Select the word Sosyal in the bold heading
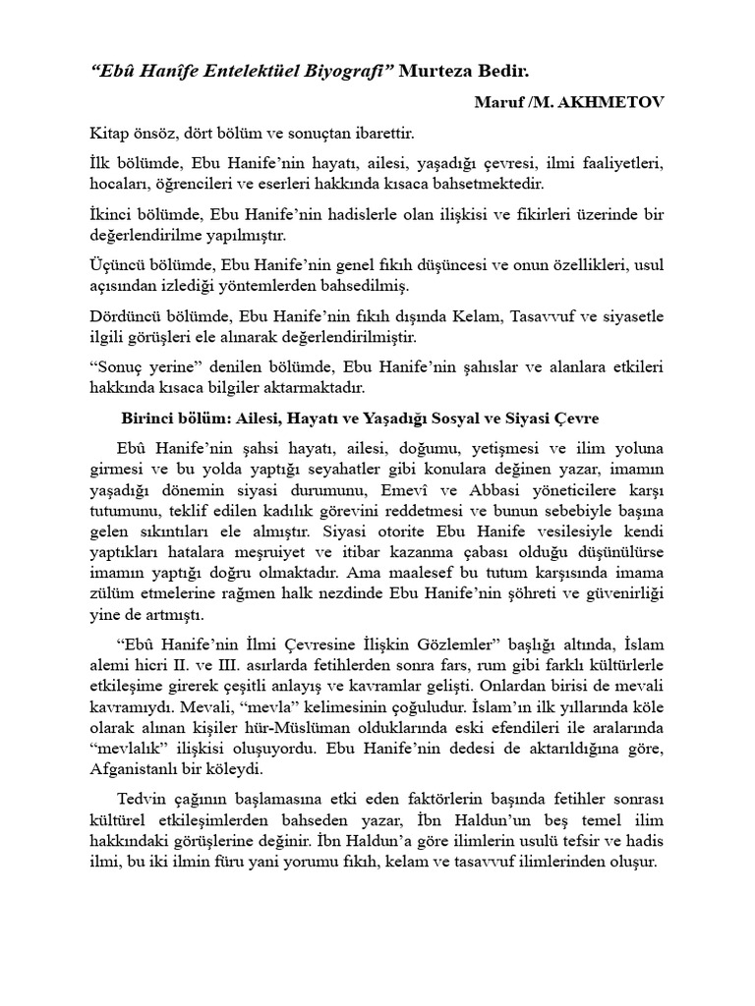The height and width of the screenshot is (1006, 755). coord(459,418)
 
